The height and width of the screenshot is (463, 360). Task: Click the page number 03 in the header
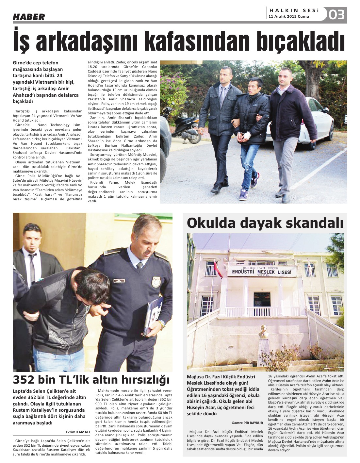click(337, 15)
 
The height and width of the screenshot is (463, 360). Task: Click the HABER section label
click(29, 17)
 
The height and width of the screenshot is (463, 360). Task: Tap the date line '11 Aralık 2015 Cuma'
click(288, 17)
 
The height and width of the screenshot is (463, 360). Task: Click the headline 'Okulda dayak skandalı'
click(265, 223)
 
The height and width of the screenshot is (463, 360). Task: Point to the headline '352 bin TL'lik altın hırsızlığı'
click(91, 380)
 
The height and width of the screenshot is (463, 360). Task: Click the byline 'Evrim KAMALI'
click(78, 432)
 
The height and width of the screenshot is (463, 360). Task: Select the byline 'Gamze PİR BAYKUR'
click(247, 423)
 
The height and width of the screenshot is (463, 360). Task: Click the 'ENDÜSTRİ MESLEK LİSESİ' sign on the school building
click(262, 272)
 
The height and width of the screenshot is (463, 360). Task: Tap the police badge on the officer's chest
click(156, 282)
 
